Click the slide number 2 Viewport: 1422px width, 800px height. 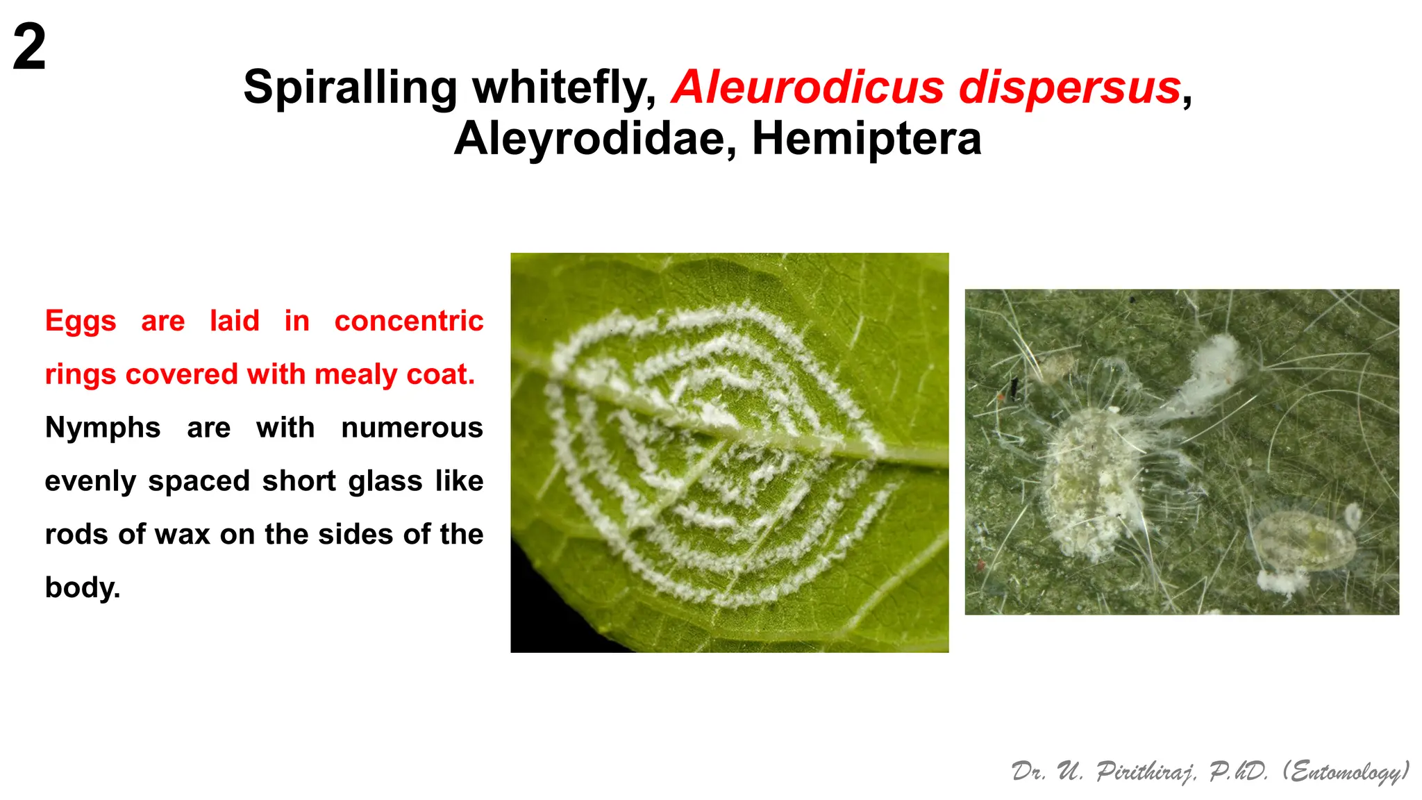[x=29, y=47]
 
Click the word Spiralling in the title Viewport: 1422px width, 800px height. [x=351, y=88]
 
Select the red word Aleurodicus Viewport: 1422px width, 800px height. [x=808, y=88]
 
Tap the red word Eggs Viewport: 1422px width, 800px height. [x=81, y=321]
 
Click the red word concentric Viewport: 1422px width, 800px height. [x=408, y=321]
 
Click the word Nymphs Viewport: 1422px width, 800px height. [x=103, y=428]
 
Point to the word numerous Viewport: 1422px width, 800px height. [x=412, y=428]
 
